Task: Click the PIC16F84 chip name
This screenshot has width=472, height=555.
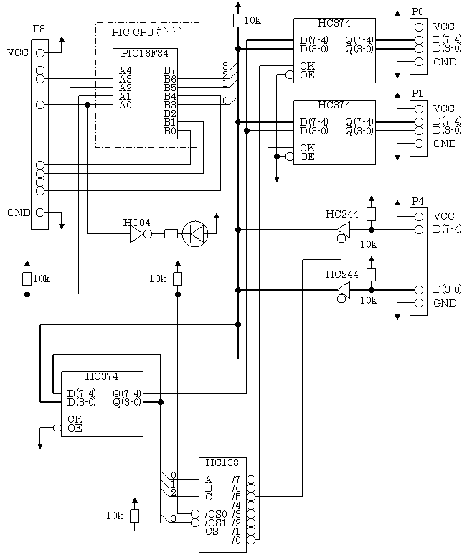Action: (144, 54)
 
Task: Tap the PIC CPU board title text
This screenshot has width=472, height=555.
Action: (147, 32)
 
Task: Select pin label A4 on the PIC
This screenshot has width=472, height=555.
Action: (126, 70)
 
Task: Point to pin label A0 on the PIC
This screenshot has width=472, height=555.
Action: (126, 105)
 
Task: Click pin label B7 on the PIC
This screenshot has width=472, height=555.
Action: (170, 70)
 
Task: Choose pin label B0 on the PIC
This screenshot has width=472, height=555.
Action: (170, 131)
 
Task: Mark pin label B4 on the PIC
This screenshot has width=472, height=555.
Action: (170, 96)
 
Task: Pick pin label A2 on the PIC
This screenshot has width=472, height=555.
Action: (126, 88)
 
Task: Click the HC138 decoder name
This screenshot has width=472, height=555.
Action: (222, 463)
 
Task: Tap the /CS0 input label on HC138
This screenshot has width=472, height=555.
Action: (215, 514)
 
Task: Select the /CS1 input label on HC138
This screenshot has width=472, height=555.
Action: (215, 523)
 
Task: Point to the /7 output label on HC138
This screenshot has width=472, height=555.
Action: (236, 480)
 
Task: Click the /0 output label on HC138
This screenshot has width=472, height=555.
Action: (236, 540)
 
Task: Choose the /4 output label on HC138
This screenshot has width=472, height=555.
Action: (236, 505)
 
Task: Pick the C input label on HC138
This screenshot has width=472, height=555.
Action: (209, 497)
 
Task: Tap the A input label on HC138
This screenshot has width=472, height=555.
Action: (209, 480)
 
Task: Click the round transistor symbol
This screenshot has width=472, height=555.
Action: (195, 234)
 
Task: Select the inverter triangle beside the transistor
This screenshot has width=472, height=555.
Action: (136, 234)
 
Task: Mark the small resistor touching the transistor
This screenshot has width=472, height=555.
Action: (171, 233)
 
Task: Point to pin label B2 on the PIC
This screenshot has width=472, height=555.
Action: (170, 113)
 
